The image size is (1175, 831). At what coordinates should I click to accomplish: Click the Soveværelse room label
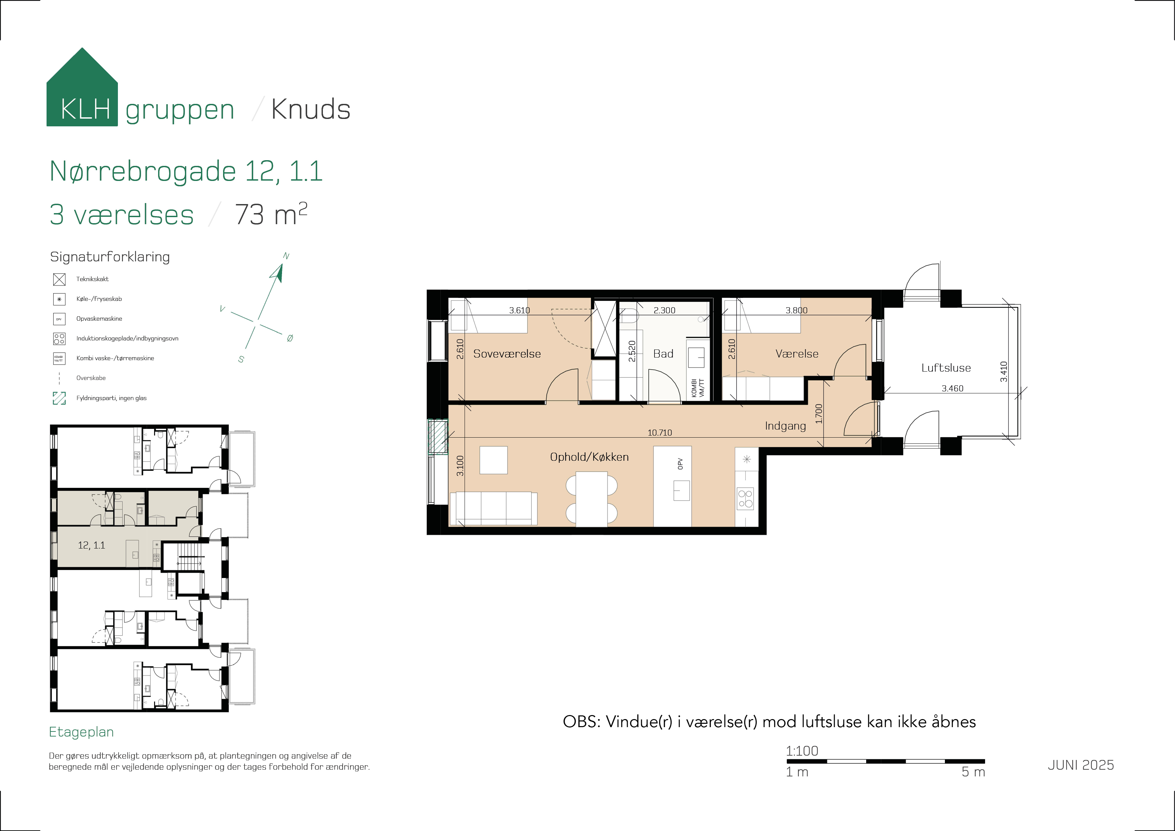point(507,354)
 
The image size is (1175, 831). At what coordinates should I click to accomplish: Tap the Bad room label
point(663,354)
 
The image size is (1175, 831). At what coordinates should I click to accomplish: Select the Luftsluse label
point(946,368)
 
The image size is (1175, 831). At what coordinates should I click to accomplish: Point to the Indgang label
point(785,426)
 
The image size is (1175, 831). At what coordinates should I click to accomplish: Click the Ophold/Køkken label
point(589,457)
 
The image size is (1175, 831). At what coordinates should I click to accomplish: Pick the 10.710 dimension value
point(660,433)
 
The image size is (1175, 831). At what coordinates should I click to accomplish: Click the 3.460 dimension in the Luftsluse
point(952,389)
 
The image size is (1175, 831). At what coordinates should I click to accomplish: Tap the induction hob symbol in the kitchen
point(746,499)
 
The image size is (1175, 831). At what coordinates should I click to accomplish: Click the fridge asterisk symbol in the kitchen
point(747,459)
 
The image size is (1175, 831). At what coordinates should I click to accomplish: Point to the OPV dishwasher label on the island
point(680,464)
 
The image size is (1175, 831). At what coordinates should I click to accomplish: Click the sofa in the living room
point(493,508)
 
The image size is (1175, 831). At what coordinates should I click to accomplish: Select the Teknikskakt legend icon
point(59,279)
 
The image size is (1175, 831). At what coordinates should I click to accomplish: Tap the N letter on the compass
point(286,256)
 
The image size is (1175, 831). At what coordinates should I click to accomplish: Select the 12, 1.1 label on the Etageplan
point(91,545)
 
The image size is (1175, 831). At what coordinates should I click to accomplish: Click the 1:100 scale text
point(802,751)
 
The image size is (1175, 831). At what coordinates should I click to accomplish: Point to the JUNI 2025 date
point(1080,765)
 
